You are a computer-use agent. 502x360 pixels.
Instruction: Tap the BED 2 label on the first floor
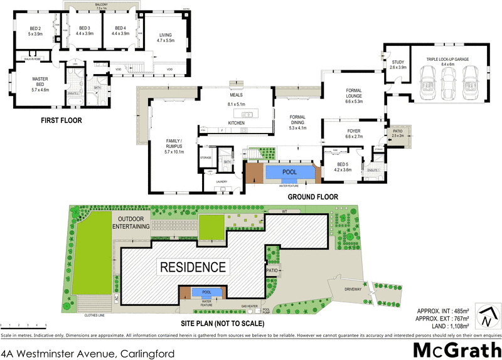click(x=35, y=31)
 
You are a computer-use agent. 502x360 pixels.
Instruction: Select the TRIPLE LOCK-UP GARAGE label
click(x=447, y=60)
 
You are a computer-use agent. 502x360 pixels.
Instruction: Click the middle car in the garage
click(x=447, y=80)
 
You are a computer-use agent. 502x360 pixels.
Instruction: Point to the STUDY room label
click(x=398, y=64)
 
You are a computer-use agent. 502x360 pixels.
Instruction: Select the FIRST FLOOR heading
click(x=61, y=120)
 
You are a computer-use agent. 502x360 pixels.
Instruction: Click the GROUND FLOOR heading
click(x=312, y=197)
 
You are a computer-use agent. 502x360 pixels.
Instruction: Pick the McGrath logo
click(x=457, y=347)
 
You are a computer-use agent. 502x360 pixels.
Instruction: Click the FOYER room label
click(x=354, y=132)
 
